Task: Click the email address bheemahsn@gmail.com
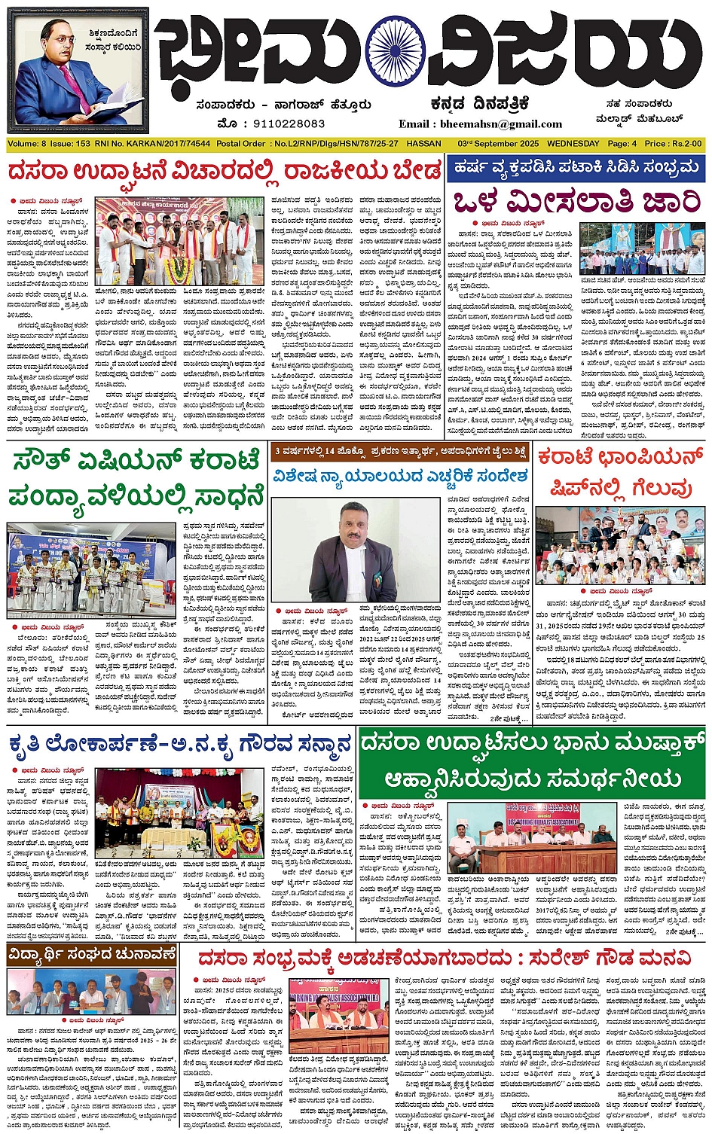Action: (x=481, y=124)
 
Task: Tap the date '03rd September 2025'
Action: (x=497, y=144)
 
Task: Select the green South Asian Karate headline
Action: (x=137, y=477)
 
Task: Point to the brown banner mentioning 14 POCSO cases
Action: (x=399, y=452)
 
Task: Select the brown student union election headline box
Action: (x=92, y=956)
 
